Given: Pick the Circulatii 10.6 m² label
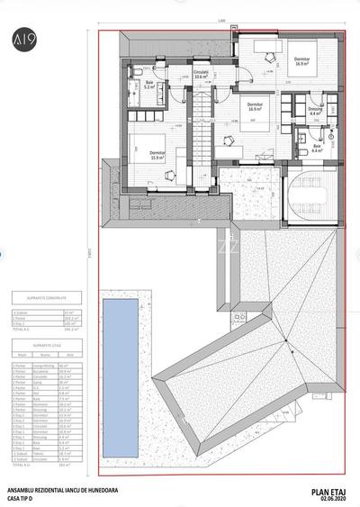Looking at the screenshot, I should (x=202, y=75).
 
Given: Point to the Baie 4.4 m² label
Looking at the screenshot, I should (x=317, y=148).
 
